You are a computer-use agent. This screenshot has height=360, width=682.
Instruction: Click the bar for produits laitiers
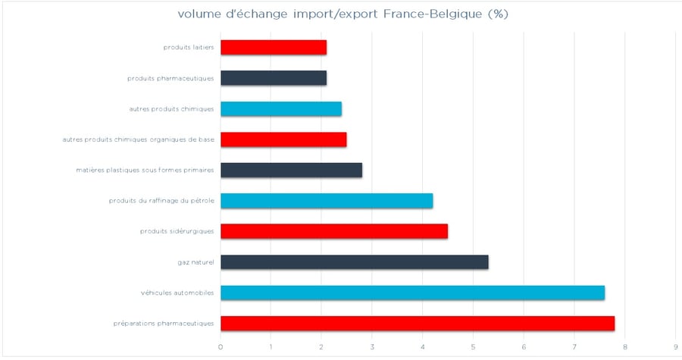pos(273,47)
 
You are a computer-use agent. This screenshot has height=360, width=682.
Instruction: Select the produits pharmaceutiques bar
pos(273,78)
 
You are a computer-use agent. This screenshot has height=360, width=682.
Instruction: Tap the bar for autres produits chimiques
pos(280,108)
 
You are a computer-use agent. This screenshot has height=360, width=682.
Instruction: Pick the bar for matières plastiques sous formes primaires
pos(291,170)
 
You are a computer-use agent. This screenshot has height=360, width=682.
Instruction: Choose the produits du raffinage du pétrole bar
pos(326,201)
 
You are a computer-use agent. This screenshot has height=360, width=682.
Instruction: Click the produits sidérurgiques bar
pos(333,231)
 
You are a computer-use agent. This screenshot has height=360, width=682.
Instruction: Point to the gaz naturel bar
pos(354,262)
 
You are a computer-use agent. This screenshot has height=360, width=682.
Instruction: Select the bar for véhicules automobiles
pos(412,293)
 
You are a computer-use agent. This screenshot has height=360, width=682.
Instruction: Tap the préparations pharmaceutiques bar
pos(417,324)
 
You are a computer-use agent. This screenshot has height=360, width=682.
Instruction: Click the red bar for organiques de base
pos(283,139)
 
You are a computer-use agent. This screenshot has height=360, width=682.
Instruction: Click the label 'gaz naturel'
pos(196,262)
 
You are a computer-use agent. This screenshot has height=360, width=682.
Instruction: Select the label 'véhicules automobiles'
pos(177,293)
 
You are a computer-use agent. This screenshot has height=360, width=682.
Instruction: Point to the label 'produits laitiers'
pos(189,47)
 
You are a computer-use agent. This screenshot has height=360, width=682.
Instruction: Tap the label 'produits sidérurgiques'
pos(177,231)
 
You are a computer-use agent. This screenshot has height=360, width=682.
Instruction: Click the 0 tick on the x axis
pos(221,347)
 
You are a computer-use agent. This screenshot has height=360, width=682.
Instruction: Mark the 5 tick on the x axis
pos(473,347)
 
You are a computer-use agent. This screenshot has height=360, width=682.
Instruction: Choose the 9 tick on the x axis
pos(675,347)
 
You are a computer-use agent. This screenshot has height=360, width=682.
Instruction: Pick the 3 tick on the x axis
pos(372,347)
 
